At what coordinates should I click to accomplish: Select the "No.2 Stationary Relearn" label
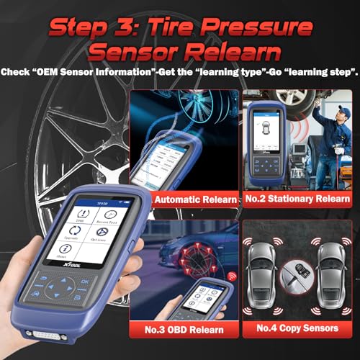click(300, 199)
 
